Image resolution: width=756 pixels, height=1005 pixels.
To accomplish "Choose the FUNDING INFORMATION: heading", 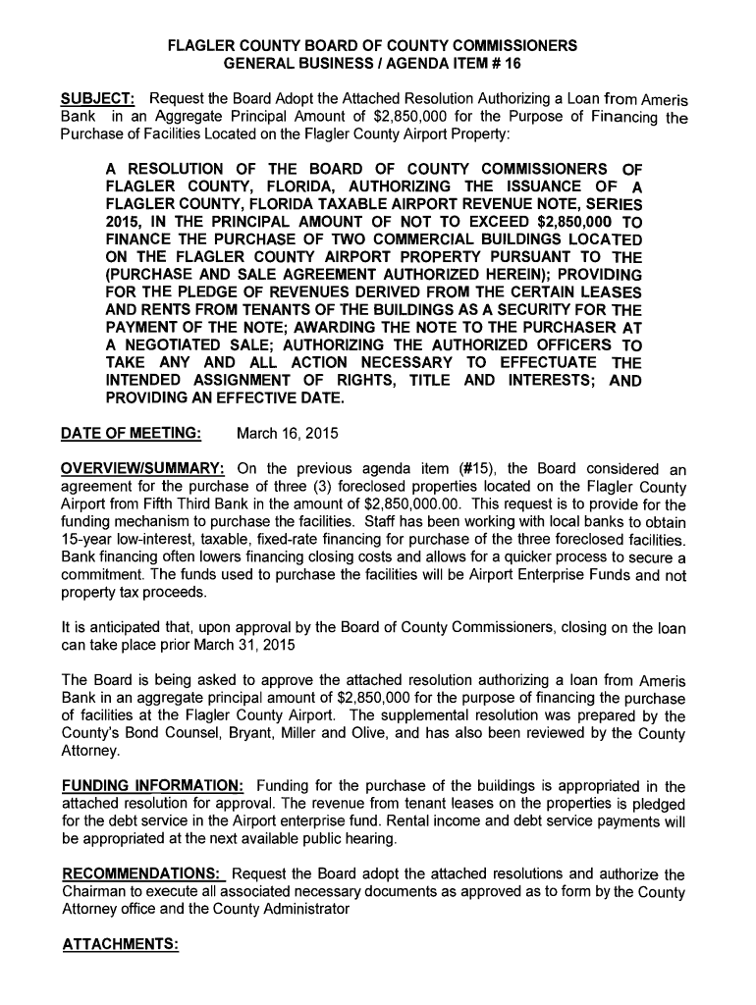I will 152,786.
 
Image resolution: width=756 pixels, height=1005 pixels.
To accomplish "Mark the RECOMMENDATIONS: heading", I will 144,874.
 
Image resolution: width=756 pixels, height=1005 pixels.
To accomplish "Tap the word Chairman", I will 95,892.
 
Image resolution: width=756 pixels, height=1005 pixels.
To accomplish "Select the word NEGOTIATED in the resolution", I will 178,346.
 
